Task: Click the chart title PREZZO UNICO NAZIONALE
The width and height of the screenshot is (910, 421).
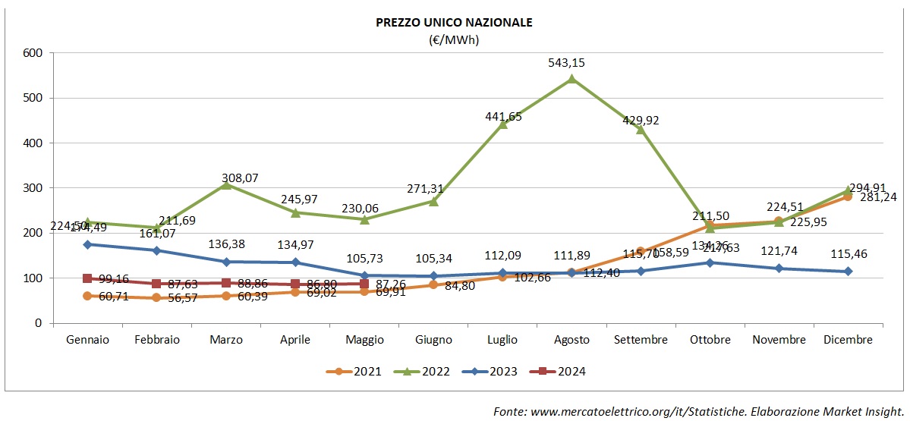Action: coord(454,22)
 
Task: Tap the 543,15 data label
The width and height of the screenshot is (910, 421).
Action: coord(572,62)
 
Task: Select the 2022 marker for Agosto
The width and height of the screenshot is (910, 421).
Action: coord(572,78)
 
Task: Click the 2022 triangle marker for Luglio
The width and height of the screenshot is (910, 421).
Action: coord(502,124)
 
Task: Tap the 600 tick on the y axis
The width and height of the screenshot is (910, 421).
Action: coord(32,53)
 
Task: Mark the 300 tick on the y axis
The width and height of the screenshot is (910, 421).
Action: coord(32,188)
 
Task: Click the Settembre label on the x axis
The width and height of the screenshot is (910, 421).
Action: coord(641,340)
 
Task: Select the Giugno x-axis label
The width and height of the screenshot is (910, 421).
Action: coord(433,340)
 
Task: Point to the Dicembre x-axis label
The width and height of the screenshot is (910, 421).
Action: coord(848,340)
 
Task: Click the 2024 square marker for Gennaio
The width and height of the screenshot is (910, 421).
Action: coord(87,278)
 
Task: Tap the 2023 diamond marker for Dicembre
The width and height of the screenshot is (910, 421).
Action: coord(848,271)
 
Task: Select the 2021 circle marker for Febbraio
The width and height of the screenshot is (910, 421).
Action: coord(156,297)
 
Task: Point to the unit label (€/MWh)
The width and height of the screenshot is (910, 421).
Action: coord(454,39)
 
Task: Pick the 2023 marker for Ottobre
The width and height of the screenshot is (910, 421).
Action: coord(710,262)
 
